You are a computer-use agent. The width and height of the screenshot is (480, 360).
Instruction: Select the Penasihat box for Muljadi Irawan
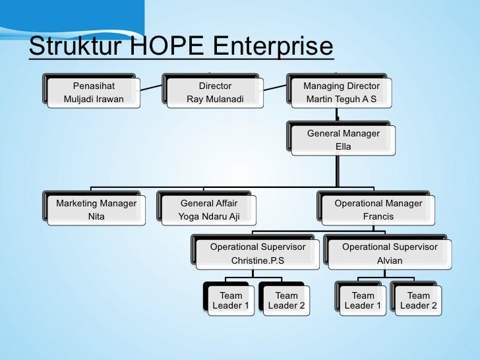coord(92,93)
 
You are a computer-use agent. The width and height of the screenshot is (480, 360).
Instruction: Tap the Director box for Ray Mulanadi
coord(215,93)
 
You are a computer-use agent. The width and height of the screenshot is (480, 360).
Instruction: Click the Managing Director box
coord(341,93)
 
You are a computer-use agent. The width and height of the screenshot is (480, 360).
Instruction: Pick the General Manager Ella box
coord(343,140)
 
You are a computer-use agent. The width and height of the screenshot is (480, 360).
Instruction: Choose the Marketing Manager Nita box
coord(96,210)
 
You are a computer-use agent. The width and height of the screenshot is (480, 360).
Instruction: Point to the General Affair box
coord(208,210)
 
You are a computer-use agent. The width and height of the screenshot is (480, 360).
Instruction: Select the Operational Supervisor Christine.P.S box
coord(257,254)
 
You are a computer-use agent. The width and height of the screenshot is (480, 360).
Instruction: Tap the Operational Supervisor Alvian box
coord(389,254)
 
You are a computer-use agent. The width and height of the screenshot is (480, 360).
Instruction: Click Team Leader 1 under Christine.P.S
coord(230,300)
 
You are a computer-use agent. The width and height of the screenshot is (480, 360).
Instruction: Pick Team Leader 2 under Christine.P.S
coord(285,300)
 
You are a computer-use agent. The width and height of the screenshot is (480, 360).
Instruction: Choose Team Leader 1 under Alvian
coord(362,300)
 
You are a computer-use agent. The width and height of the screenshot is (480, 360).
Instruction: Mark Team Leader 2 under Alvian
coord(418,300)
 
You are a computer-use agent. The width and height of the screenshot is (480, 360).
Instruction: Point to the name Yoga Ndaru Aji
coord(208,216)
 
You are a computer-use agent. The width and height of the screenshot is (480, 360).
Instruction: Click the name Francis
coord(378,216)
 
